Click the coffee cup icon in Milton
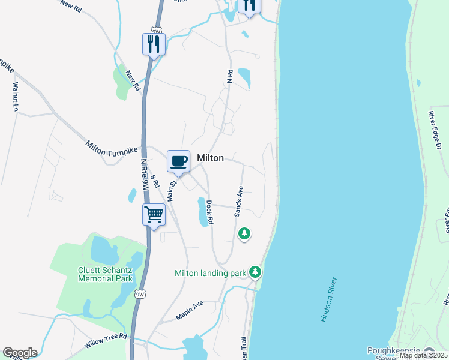(x=178, y=161)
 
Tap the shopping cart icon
(x=154, y=214)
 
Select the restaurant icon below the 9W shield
(x=154, y=43)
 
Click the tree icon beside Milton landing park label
(x=255, y=272)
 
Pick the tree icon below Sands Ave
(x=244, y=233)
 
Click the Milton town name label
(x=210, y=158)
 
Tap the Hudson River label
(x=330, y=299)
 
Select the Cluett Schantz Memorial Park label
(x=105, y=274)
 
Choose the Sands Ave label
(x=239, y=200)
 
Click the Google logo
(x=20, y=353)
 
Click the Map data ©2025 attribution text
(x=423, y=356)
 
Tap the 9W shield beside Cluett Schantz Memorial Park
(x=140, y=294)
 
